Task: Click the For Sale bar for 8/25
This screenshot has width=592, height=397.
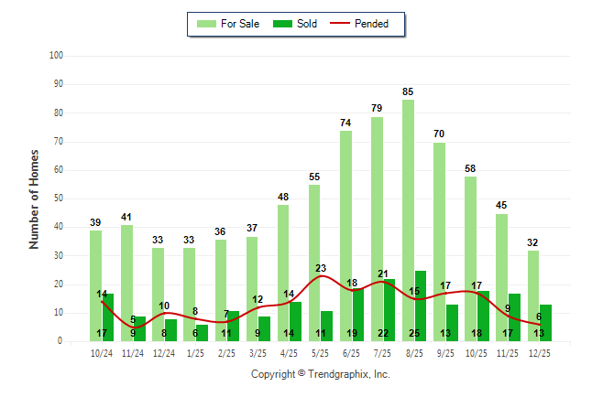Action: tap(408, 220)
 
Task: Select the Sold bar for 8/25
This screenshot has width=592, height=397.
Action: tap(420, 306)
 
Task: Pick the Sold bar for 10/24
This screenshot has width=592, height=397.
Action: tap(108, 317)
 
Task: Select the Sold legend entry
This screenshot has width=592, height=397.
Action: tap(295, 24)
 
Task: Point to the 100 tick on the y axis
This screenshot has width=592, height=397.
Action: tap(56, 56)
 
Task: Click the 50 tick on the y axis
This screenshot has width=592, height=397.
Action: tap(58, 198)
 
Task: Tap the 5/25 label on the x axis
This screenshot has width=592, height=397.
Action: tap(321, 353)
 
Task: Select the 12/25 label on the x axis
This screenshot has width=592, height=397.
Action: tap(539, 353)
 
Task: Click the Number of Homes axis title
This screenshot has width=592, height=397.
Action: tap(34, 198)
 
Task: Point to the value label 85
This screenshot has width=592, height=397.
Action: tap(408, 91)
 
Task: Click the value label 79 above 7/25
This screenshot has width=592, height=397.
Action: tap(377, 109)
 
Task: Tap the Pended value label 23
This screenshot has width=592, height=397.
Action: tap(321, 269)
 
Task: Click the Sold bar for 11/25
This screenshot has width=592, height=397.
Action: tap(514, 317)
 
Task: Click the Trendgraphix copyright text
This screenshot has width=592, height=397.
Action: tap(320, 374)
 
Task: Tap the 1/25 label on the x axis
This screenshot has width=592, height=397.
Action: tap(195, 353)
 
